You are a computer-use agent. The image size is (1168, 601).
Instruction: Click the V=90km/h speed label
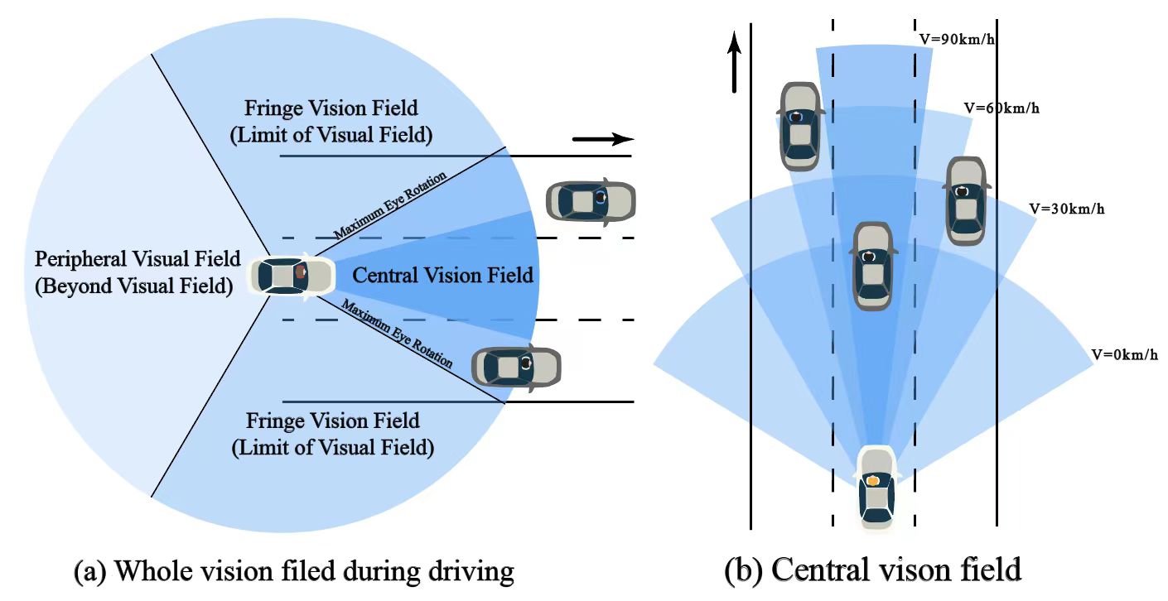click(957, 40)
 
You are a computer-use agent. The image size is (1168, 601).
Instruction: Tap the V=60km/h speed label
click(1001, 108)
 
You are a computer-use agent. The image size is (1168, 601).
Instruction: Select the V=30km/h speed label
click(1066, 209)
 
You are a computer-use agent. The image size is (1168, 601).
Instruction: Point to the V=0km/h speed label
click(1124, 354)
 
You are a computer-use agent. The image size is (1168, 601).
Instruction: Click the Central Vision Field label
click(442, 275)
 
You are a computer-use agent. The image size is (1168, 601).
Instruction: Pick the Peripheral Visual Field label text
click(138, 272)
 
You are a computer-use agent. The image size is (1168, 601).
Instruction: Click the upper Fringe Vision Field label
click(331, 121)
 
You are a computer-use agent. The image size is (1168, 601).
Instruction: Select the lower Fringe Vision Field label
click(332, 434)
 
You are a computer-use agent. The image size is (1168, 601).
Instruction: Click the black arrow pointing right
click(602, 138)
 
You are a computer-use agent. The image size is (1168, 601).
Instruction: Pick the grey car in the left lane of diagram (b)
click(800, 125)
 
